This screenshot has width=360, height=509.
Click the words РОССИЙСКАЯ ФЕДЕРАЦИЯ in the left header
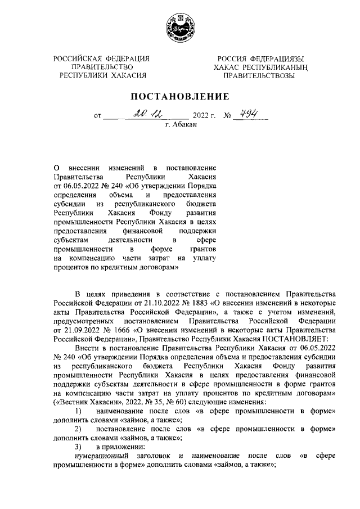point(101,58)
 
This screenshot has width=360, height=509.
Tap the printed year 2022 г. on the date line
point(205,117)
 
